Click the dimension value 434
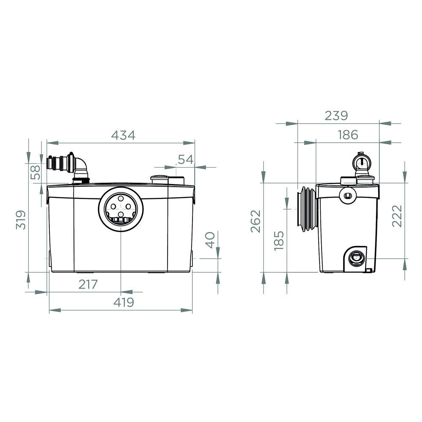click(x=123, y=135)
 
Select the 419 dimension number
click(x=124, y=302)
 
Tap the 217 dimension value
click(x=88, y=284)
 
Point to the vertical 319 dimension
click(x=21, y=219)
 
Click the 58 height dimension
click(x=35, y=172)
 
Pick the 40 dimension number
click(x=210, y=240)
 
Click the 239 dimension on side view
click(x=336, y=116)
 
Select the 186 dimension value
click(x=348, y=135)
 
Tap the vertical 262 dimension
click(x=256, y=221)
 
